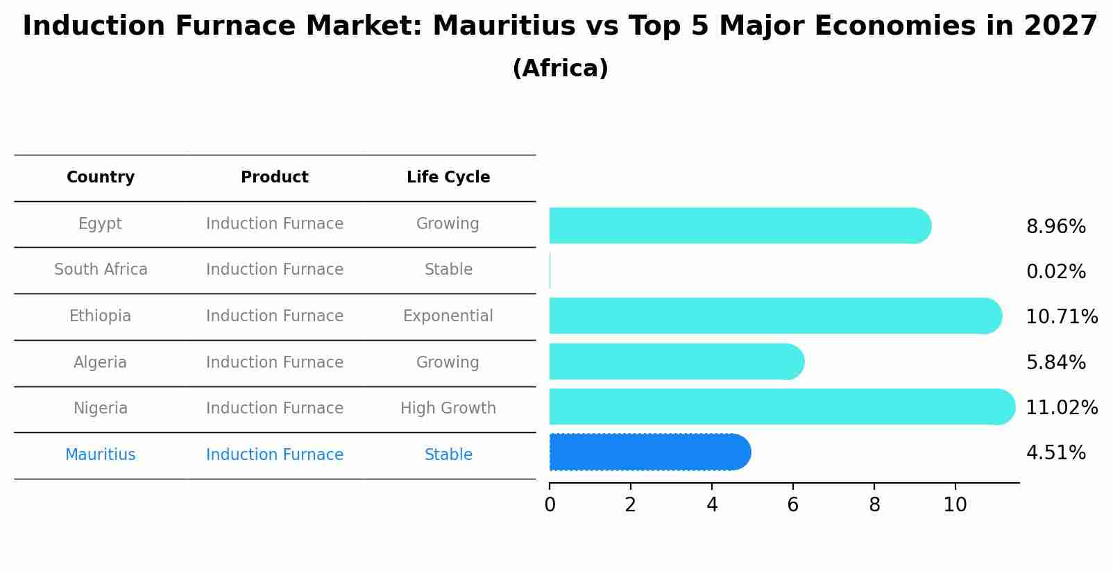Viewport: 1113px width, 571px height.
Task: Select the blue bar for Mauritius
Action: click(x=649, y=452)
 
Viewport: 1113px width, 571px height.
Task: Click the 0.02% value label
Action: click(x=1055, y=272)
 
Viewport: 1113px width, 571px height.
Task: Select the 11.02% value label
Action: click(x=1061, y=407)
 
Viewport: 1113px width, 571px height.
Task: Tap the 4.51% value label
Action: click(x=1055, y=453)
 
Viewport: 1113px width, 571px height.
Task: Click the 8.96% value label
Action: click(x=1055, y=227)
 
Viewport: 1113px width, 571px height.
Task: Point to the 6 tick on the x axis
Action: click(x=792, y=504)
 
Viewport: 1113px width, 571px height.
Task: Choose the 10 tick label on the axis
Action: click(x=955, y=504)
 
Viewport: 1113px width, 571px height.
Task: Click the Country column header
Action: click(x=101, y=178)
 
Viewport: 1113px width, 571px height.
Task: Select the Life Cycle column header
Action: click(x=448, y=178)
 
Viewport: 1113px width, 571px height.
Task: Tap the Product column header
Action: click(x=275, y=178)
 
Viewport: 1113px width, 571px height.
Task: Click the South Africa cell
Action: click(x=101, y=270)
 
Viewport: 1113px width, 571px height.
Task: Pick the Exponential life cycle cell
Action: click(x=448, y=316)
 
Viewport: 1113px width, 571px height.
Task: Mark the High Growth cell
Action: click(x=448, y=409)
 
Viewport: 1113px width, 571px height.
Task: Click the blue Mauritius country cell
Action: click(x=101, y=455)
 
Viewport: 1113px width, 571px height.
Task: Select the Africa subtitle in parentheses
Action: click(x=560, y=69)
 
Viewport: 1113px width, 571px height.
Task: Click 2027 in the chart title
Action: click(x=1060, y=26)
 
